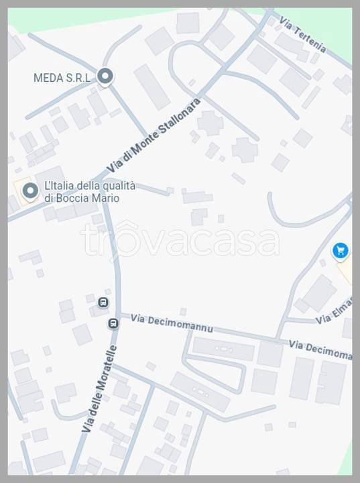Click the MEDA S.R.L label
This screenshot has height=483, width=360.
coord(62,78)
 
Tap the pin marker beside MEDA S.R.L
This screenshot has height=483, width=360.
coord(105,76)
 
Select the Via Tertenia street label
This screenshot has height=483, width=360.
coord(303,35)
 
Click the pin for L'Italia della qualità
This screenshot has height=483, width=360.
coord(29,191)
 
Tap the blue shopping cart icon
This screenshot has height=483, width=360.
coord(341,252)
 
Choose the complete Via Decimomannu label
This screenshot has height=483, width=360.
coord(172,323)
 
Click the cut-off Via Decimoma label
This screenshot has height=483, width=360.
coord(320,350)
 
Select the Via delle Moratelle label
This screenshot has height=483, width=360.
coord(99,388)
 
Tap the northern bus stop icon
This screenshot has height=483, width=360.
coord(103,303)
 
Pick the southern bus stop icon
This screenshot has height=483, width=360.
coord(113,324)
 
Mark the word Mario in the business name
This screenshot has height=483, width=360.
coord(107,199)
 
